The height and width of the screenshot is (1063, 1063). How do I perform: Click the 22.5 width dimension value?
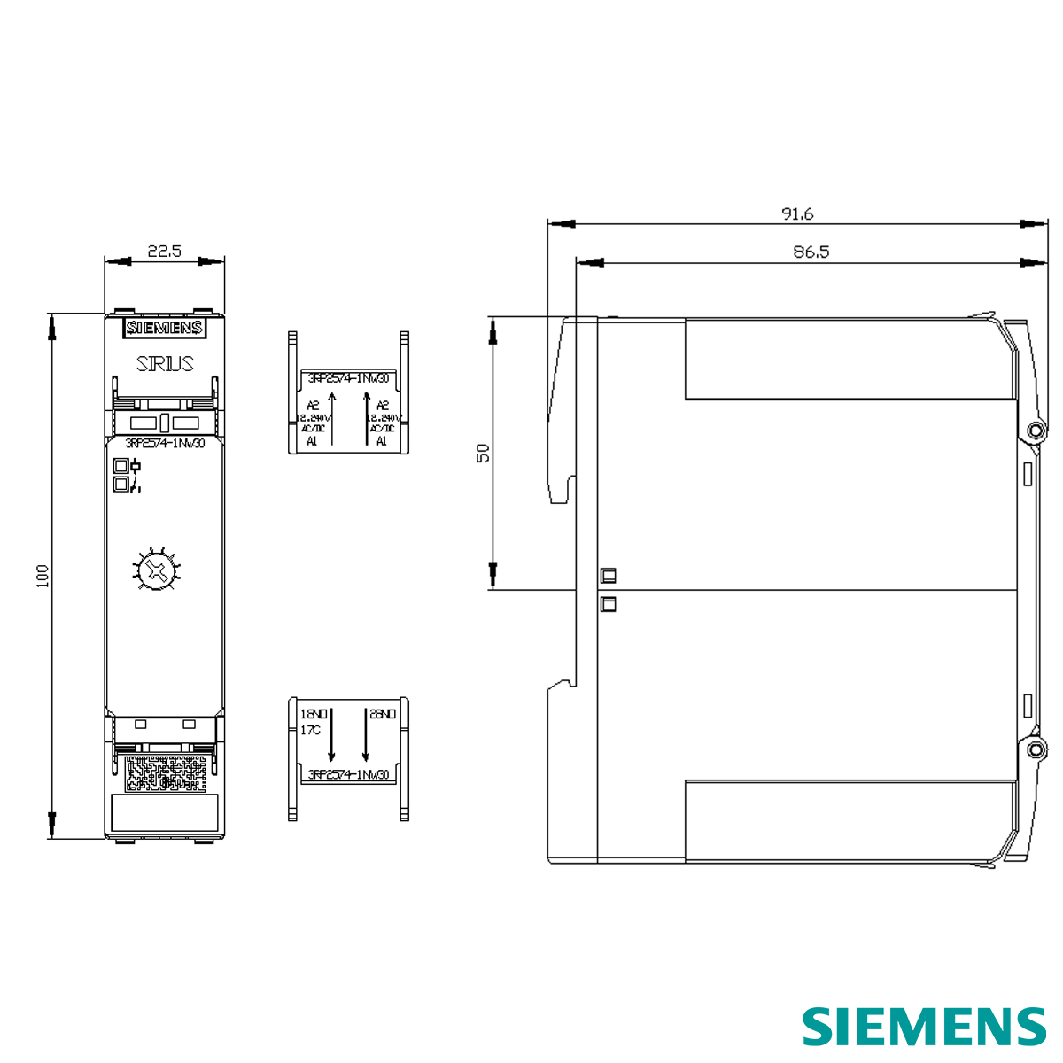pos(164,251)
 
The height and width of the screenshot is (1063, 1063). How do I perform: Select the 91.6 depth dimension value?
pos(797,213)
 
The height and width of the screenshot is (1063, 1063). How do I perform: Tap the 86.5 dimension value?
pos(811,252)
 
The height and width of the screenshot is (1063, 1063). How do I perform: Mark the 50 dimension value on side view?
pos(483,453)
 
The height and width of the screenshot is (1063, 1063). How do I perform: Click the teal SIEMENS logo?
pos(924,1027)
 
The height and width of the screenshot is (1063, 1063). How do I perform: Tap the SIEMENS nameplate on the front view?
pos(164,328)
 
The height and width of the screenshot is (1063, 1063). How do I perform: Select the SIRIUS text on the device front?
pos(165,363)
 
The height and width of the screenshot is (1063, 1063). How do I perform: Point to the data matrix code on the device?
pos(165,772)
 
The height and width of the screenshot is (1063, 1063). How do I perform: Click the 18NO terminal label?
pos(314,713)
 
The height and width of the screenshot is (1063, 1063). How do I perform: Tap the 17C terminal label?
pos(310,730)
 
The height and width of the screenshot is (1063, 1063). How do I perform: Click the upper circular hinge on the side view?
pos(1034,431)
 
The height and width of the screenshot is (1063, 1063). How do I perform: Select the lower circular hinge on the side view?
pos(1034,750)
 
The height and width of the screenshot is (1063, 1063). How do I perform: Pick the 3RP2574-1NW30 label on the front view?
pos(165,444)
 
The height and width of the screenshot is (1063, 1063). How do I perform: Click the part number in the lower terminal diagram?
pos(347,775)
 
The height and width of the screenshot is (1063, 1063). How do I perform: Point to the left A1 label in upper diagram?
pos(312,440)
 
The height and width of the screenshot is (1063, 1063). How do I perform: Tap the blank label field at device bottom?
pos(165,811)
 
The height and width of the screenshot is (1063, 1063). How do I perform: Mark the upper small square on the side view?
pos(608,576)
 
